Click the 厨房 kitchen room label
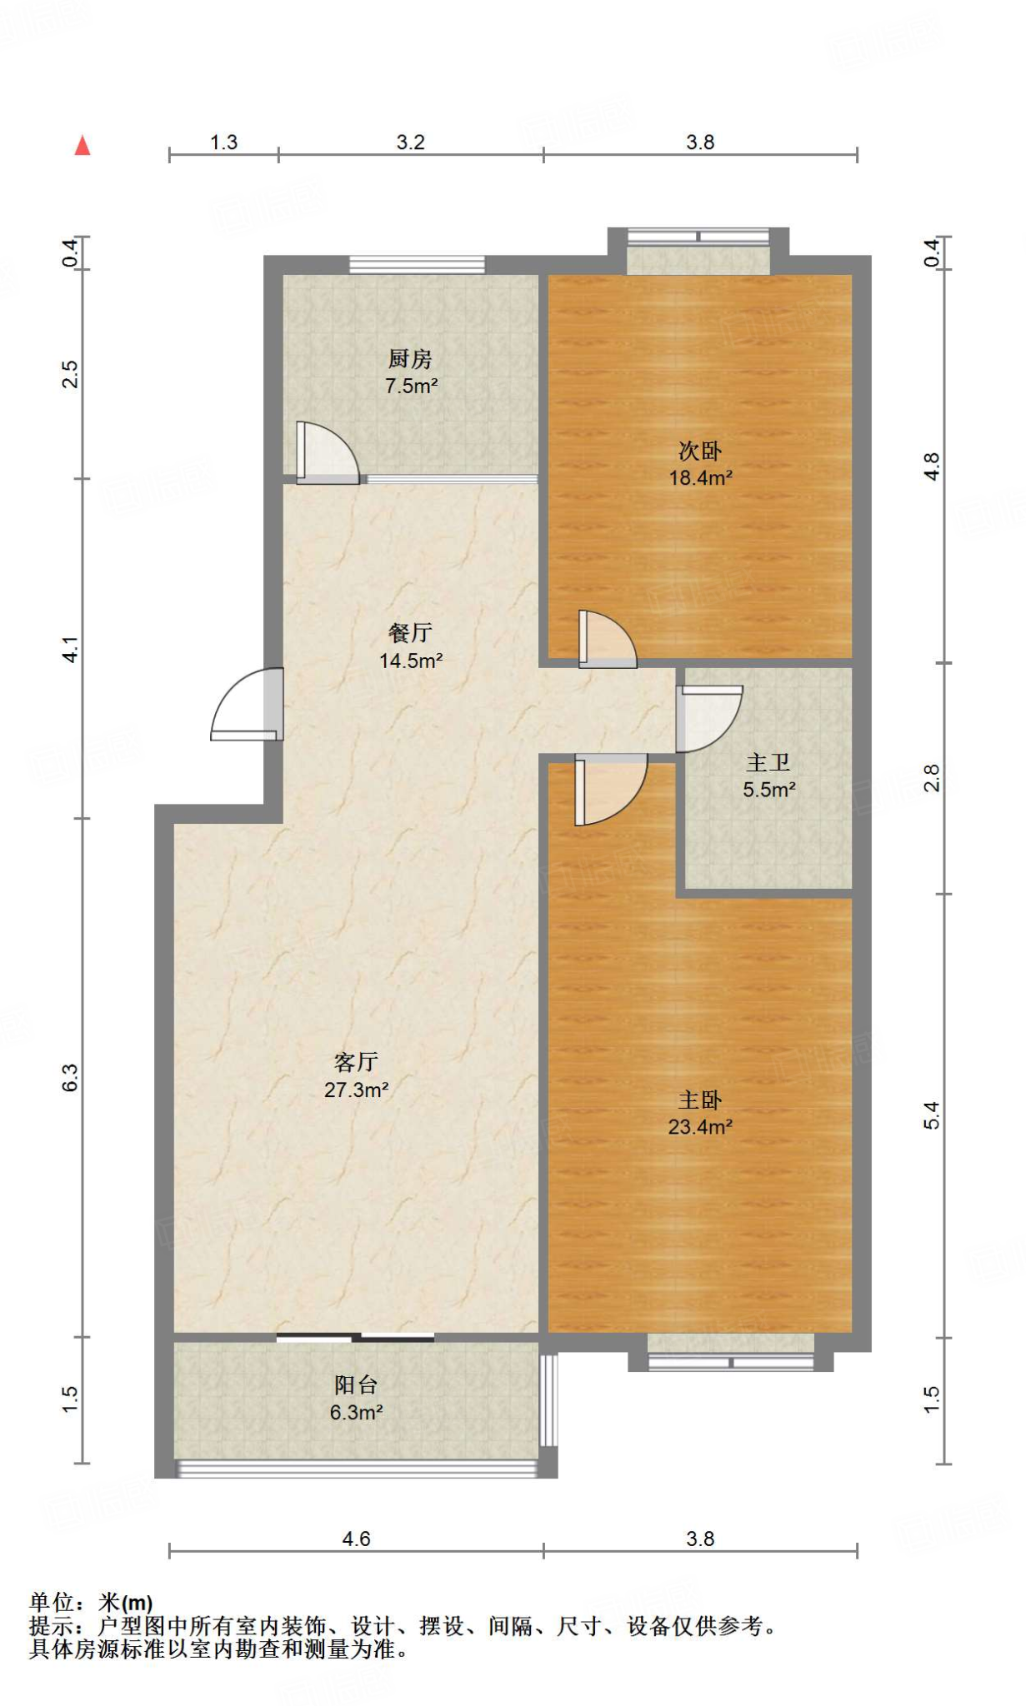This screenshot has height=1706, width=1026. [x=410, y=359]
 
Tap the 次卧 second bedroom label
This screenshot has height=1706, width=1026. [x=700, y=451]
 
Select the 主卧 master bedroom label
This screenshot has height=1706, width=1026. [x=700, y=1100]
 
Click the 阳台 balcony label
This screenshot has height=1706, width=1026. [x=356, y=1385]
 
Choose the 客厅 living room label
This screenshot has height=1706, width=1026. [x=356, y=1062]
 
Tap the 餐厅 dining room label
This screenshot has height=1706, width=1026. [x=410, y=633]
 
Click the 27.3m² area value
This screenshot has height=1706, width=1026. [x=357, y=1090]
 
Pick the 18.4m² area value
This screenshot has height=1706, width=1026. [x=701, y=478]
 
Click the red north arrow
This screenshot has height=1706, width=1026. [x=82, y=146]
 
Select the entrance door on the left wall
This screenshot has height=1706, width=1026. [x=248, y=704]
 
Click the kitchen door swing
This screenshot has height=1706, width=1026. [x=328, y=453]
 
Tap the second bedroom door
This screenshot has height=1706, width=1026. [x=608, y=639]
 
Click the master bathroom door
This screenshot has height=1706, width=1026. [x=708, y=719]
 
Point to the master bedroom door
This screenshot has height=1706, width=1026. [x=611, y=789]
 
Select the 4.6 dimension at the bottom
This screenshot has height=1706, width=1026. [x=356, y=1539]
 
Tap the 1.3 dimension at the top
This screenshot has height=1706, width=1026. [x=223, y=142]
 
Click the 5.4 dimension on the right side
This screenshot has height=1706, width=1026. [x=932, y=1115]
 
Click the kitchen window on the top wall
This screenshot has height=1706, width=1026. [x=417, y=265]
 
